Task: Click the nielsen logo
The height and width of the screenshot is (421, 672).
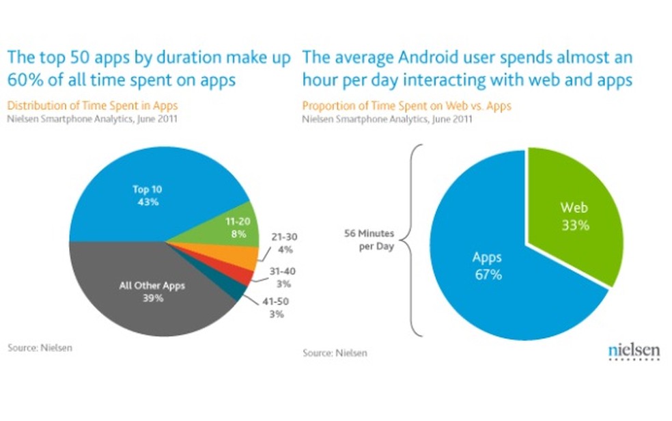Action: [634, 351]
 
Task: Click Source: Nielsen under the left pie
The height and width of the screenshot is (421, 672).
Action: [40, 348]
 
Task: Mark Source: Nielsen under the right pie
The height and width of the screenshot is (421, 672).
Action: [335, 353]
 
